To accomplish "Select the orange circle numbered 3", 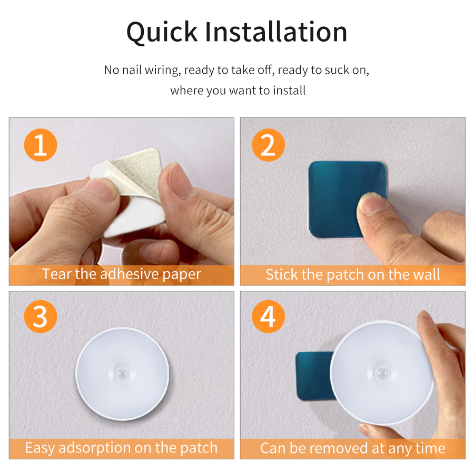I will pos(41,318).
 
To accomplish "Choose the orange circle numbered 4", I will pos(268,318).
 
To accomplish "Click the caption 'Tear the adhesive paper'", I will pos(122,274).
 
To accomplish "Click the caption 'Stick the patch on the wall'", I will pos(352,274).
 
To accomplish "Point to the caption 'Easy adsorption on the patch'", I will pos(122,448).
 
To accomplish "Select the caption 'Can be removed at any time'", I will pos(352,448).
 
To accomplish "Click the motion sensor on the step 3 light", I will pos(123,373).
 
